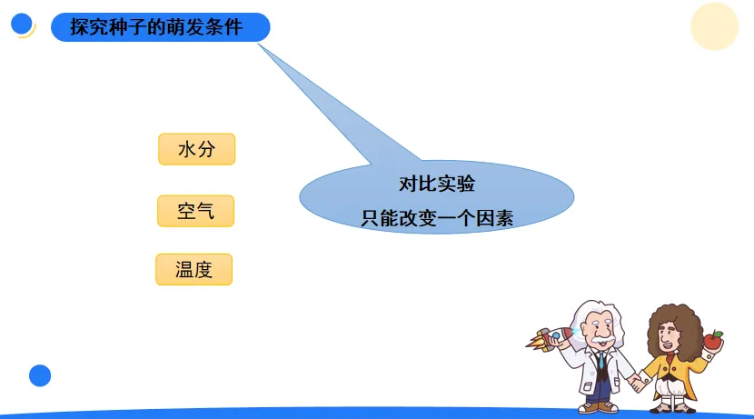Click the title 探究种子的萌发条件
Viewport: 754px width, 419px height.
pyautogui.click(x=156, y=27)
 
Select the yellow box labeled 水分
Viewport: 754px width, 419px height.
pyautogui.click(x=196, y=149)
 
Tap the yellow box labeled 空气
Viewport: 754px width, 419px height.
pyautogui.click(x=195, y=211)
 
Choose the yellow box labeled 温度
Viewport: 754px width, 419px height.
pyautogui.click(x=193, y=269)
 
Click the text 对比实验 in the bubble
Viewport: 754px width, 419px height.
pyautogui.click(x=437, y=184)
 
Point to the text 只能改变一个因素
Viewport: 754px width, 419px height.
pyautogui.click(x=437, y=218)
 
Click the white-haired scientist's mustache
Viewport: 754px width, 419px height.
pyautogui.click(x=602, y=340)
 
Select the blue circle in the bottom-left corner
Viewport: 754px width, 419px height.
pyautogui.click(x=40, y=375)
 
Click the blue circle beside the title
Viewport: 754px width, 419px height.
pyautogui.click(x=22, y=24)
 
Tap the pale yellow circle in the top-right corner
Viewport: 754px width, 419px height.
pyautogui.click(x=714, y=26)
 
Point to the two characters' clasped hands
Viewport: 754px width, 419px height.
pyautogui.click(x=638, y=383)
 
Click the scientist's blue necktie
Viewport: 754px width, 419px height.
pyautogui.click(x=601, y=360)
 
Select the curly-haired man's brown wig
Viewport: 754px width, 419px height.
pyautogui.click(x=675, y=328)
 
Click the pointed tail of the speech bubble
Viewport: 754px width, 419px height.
pyautogui.click(x=259, y=45)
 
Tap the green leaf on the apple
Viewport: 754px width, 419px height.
pyautogui.click(x=717, y=333)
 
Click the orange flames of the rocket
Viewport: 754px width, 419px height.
pyautogui.click(x=534, y=343)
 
